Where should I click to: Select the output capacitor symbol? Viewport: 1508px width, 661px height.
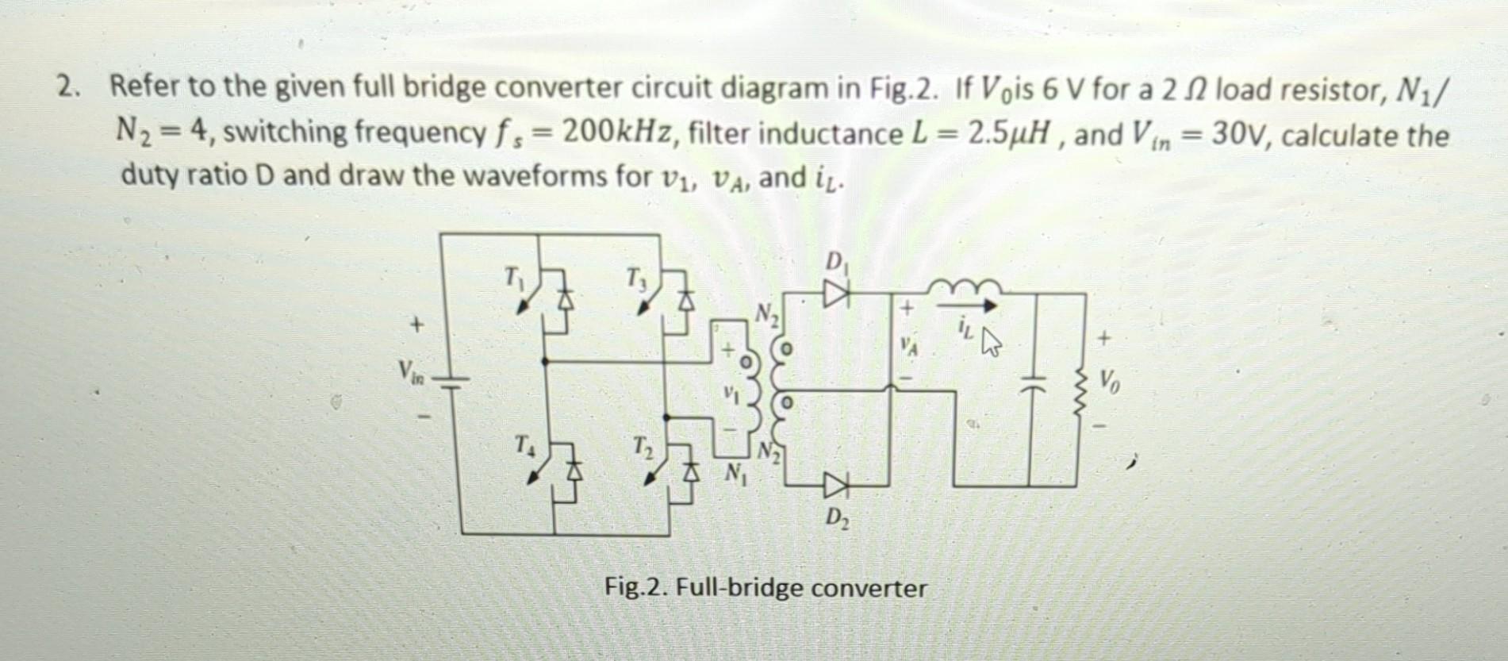pos(1029,388)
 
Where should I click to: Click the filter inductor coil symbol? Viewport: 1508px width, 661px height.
pos(963,286)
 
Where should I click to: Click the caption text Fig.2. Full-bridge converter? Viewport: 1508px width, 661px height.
pos(765,588)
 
